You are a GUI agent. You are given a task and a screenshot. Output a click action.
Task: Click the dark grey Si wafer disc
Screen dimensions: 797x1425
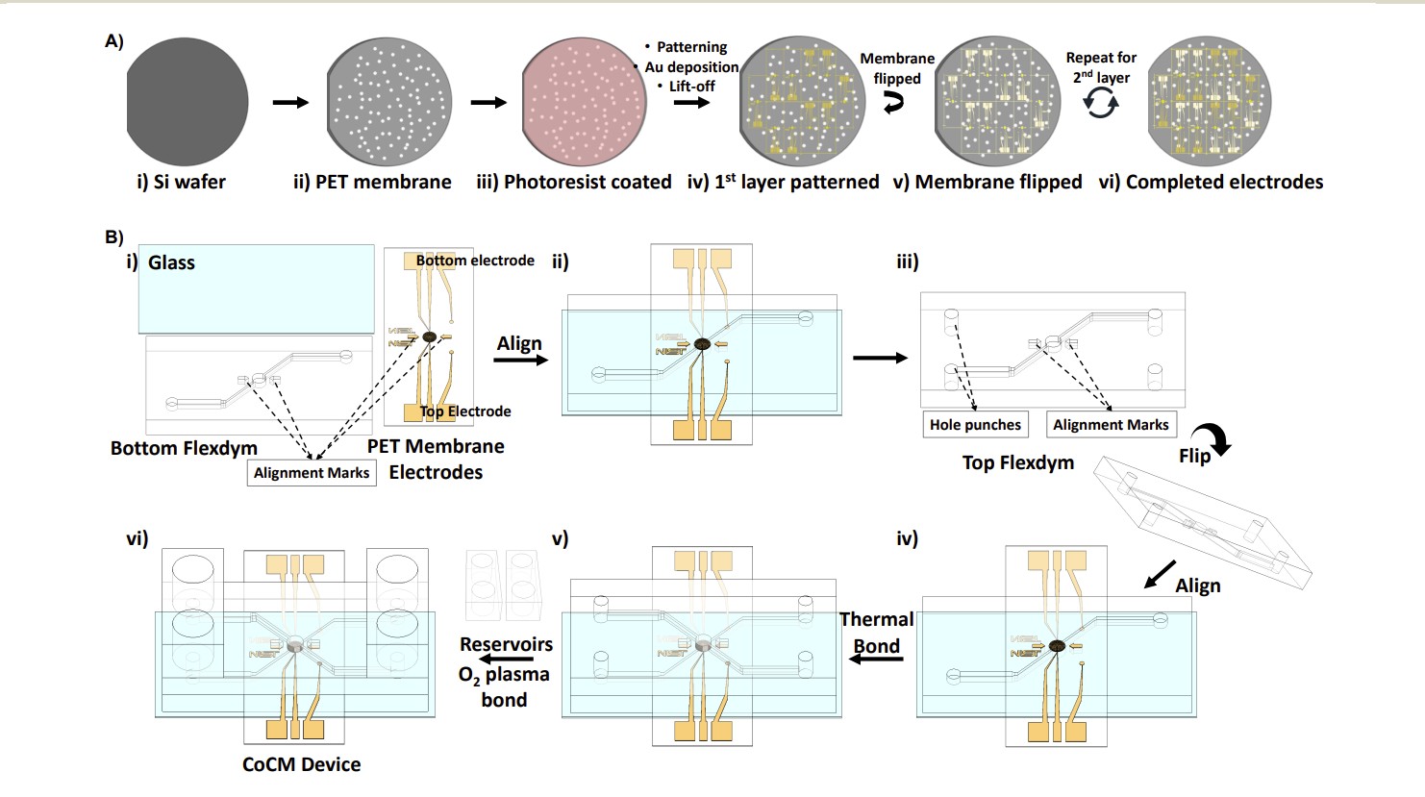coord(187,102)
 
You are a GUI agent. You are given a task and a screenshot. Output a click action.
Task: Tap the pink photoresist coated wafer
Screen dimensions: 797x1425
coord(584,102)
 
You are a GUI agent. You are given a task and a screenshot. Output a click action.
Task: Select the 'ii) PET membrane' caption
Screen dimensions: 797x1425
coord(372,182)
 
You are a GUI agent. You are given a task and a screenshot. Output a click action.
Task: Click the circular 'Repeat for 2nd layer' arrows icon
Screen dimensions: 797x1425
coord(1100,102)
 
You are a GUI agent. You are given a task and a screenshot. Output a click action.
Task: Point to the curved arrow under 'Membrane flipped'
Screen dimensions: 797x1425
coord(894,102)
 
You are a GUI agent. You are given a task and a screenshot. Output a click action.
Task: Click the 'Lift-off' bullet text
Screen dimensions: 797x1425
coord(692,87)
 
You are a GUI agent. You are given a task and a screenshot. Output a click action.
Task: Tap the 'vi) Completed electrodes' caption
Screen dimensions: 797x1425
coord(1211,182)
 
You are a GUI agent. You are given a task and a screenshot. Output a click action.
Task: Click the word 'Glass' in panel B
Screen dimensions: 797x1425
coord(171,262)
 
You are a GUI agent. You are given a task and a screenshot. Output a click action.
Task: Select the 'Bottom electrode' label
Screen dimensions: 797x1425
coord(475,261)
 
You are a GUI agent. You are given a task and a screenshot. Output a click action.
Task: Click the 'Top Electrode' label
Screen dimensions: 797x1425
coord(465,411)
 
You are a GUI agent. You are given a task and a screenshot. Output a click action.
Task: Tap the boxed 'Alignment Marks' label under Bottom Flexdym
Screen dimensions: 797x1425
coord(312,473)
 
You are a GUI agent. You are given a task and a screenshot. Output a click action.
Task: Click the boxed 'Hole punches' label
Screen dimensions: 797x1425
coord(975,425)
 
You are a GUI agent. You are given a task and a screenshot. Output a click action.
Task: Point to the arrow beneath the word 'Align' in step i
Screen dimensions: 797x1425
coord(520,360)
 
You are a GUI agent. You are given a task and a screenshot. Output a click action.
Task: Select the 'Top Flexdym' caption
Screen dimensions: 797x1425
coord(1017,462)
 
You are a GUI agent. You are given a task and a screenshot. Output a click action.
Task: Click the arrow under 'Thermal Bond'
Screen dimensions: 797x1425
coord(878,659)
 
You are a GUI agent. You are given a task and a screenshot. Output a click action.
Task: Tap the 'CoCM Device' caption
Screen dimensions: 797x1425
coord(301,764)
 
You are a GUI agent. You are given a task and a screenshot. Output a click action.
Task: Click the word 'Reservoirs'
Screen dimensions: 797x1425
coord(506,644)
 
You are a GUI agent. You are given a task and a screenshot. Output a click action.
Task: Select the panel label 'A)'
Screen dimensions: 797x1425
coord(114,41)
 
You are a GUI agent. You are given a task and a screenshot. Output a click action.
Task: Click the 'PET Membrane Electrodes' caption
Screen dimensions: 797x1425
coord(436,460)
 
